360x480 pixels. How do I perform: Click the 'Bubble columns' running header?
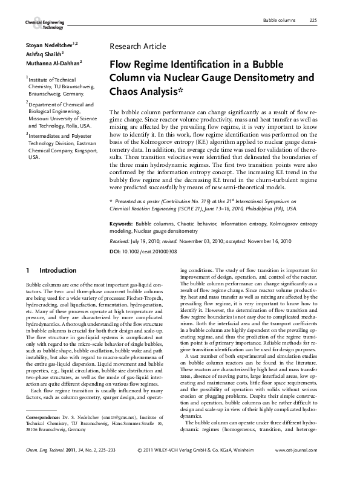click(x=279, y=21)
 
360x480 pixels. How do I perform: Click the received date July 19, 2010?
click(x=149, y=240)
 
